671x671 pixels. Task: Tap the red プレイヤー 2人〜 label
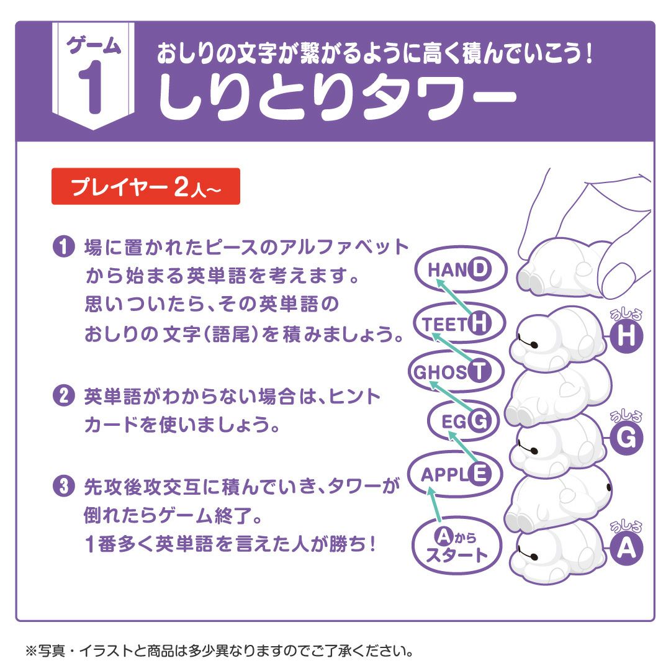click(x=145, y=186)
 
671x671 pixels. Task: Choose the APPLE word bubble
click(x=452, y=474)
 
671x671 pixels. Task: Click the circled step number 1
click(x=63, y=247)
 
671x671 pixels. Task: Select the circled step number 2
click(x=63, y=396)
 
